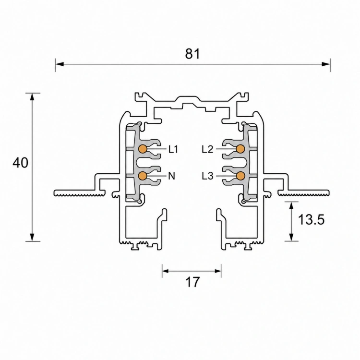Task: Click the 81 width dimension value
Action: pyautogui.click(x=192, y=54)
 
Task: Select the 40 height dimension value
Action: pyautogui.click(x=21, y=163)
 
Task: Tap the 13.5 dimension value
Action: pyautogui.click(x=311, y=219)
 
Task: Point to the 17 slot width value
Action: pyautogui.click(x=192, y=282)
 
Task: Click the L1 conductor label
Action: pyautogui.click(x=173, y=149)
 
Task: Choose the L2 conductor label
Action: pyautogui.click(x=207, y=149)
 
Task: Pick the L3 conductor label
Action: pyautogui.click(x=207, y=176)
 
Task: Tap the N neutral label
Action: pyautogui.click(x=171, y=176)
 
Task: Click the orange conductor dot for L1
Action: pyautogui.click(x=143, y=149)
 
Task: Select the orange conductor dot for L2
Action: pyautogui.click(x=240, y=149)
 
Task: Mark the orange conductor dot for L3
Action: pyautogui.click(x=240, y=176)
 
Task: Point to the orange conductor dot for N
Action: pyautogui.click(x=143, y=176)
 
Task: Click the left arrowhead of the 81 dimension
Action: pyautogui.click(x=60, y=64)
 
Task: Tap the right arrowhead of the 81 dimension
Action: pyautogui.click(x=326, y=64)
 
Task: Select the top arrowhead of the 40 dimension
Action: pyautogui.click(x=32, y=97)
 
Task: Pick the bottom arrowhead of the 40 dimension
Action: pyautogui.click(x=32, y=237)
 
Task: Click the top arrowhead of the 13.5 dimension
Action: pyautogui.click(x=291, y=206)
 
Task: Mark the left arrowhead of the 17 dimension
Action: pyautogui.click(x=166, y=271)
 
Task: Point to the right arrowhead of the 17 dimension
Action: pyautogui.click(x=217, y=271)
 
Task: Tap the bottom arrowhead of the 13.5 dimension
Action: pyautogui.click(x=291, y=237)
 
